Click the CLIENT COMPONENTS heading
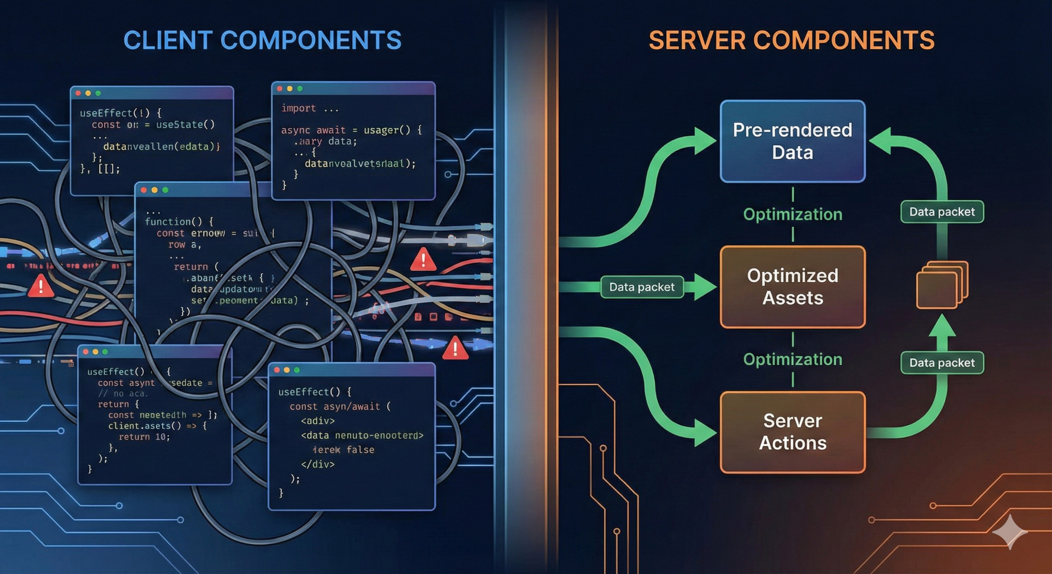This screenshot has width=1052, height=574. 262,40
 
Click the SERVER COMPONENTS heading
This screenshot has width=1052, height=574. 791,40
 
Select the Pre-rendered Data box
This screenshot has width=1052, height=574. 792,141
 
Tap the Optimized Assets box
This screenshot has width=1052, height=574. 792,287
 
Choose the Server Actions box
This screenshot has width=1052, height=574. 792,432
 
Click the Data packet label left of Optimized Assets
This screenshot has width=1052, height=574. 641,287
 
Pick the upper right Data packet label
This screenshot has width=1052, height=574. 941,212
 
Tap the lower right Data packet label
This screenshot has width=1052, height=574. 941,362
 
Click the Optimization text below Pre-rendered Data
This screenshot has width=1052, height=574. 792,214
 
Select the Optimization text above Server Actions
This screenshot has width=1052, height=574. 792,359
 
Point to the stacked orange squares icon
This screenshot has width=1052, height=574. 941,285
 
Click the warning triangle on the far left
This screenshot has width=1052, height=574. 40,286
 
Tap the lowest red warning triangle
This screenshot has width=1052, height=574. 455,348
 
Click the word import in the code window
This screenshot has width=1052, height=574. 299,108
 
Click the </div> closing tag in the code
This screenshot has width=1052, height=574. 318,464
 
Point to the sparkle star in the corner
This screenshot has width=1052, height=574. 1009,531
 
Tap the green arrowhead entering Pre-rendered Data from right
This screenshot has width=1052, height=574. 880,141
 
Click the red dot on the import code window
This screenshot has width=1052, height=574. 280,89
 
